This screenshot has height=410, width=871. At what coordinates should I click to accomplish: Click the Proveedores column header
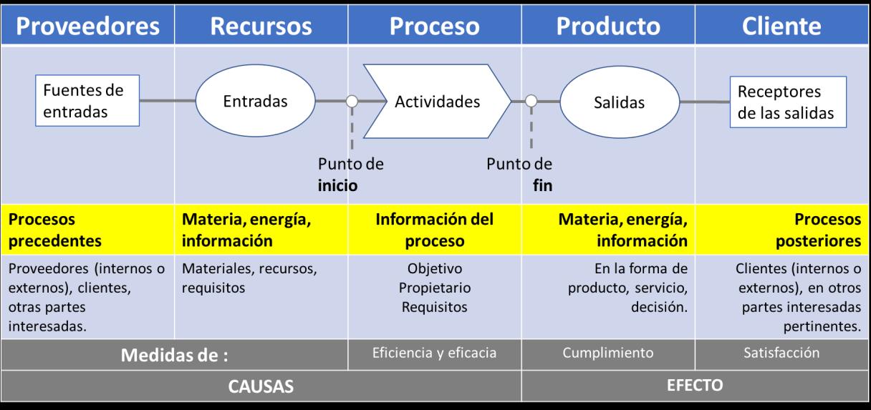[87, 26]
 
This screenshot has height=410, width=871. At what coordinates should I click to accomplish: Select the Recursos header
[261, 26]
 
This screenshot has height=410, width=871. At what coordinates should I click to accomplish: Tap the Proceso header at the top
[434, 26]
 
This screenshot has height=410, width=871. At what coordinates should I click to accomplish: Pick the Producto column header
[608, 26]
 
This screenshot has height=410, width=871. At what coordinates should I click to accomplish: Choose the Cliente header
[782, 26]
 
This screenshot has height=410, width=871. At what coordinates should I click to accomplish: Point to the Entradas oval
[255, 102]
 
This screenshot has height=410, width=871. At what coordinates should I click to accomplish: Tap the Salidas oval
[619, 102]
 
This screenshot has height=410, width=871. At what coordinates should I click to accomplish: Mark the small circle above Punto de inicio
[352, 102]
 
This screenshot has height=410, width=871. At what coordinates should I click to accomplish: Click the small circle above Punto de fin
[531, 102]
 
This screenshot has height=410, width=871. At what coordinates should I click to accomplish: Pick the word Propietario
[434, 289]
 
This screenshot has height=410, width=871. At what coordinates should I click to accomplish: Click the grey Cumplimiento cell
[608, 353]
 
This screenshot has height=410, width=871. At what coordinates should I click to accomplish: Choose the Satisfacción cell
[782, 353]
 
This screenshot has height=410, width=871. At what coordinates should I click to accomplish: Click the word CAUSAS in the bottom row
[261, 387]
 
